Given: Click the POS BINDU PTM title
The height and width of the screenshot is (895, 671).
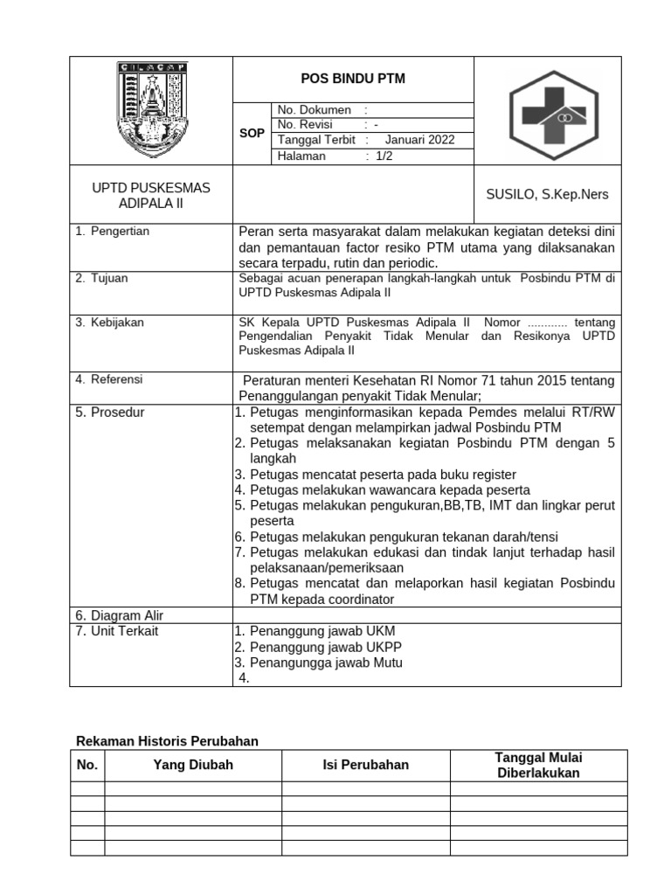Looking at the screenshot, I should click(x=353, y=80).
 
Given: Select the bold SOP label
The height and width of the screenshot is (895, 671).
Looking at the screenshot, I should click(x=252, y=134).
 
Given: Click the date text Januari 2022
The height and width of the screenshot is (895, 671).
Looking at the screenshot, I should click(x=419, y=140).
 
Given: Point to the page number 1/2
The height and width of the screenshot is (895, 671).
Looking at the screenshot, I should click(x=384, y=156).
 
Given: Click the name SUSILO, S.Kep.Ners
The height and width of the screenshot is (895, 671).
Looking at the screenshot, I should click(x=547, y=194).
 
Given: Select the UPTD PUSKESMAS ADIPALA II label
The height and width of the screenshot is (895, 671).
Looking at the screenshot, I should click(x=151, y=196).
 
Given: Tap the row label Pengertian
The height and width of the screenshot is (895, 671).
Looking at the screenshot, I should click(x=120, y=232).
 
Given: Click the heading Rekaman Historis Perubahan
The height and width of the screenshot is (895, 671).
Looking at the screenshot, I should click(x=168, y=741).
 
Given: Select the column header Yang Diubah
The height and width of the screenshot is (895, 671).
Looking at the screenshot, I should click(x=193, y=765).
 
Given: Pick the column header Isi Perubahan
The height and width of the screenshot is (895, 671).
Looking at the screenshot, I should click(x=365, y=765).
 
